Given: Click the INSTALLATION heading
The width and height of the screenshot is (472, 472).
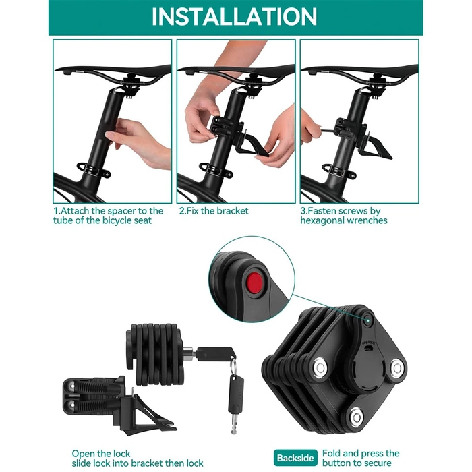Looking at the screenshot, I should (234, 17).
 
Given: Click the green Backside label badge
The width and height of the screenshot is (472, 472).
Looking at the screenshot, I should (295, 459).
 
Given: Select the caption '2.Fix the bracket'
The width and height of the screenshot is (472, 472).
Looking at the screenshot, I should (214, 211).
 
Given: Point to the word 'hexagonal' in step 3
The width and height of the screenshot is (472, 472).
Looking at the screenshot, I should (324, 220).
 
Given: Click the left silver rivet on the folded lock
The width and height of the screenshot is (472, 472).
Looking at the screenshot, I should (319, 367).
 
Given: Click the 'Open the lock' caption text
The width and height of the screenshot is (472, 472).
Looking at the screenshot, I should (101, 453).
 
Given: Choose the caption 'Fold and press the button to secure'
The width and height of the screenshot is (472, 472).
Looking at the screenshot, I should (361, 459).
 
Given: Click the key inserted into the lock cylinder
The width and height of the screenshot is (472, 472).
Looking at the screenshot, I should (211, 351).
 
